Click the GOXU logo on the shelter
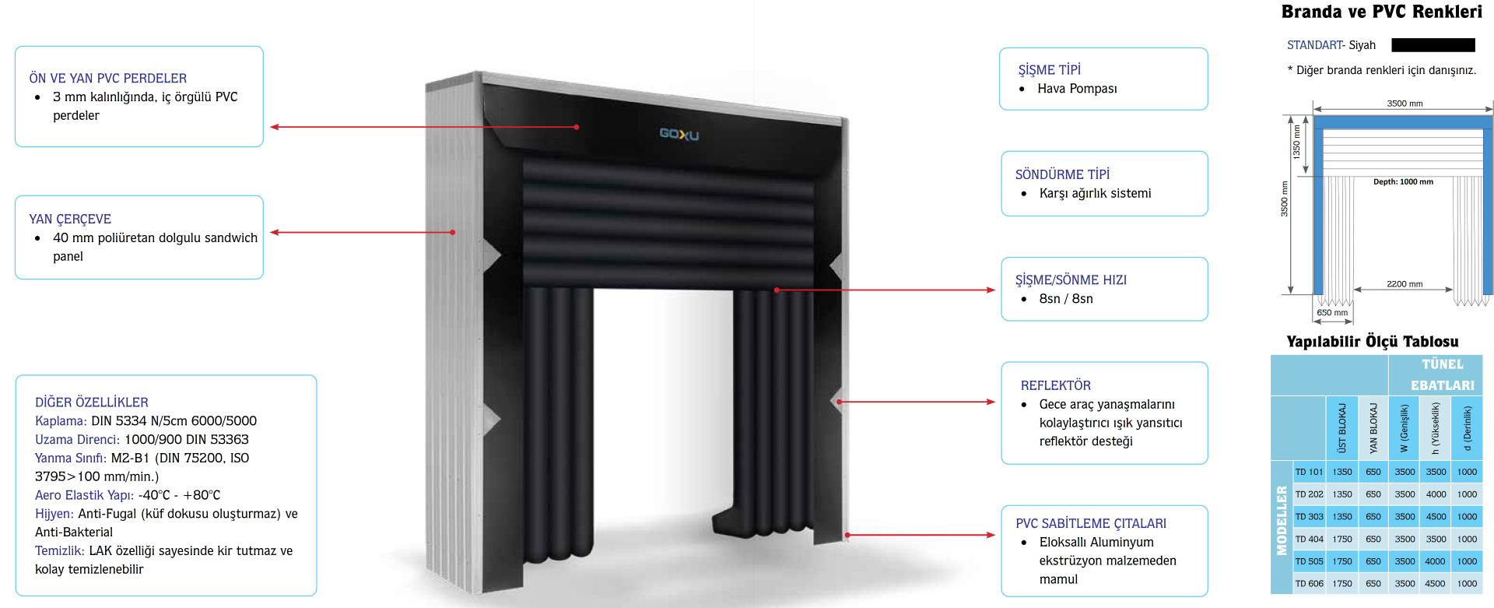coord(679,134)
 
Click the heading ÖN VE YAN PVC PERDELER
coord(107,78)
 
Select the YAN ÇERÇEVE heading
coord(70,219)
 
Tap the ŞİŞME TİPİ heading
coord(1049,69)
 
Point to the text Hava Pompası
coord(1077,89)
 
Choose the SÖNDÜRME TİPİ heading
coord(1062,174)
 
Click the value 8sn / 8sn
coord(1066,299)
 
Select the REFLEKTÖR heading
coord(1055,385)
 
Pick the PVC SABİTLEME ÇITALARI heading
coord(1090,523)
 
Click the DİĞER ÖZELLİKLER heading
coord(91,402)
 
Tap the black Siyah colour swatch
coord(1433,45)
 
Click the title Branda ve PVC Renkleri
coord(1381,12)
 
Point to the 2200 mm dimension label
coord(1404,284)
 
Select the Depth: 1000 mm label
coord(1403,181)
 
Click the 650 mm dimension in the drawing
coord(1332,312)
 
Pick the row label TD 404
coord(1309,539)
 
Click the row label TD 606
coord(1309,583)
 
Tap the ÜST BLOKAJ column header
coord(1342,428)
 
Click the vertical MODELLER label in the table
coord(1282,521)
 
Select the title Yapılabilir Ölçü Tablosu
coord(1372,341)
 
